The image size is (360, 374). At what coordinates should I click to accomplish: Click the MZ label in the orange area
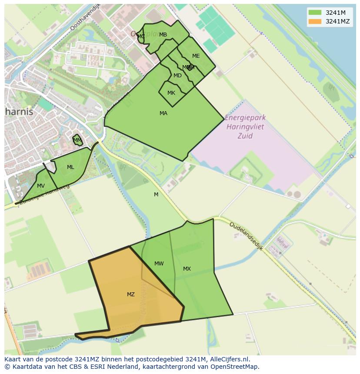coord(130,295)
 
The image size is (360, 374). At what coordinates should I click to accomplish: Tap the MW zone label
coord(159,264)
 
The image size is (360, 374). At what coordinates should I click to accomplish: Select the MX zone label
coord(187,269)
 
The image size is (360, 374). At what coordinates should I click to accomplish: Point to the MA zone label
coord(163,113)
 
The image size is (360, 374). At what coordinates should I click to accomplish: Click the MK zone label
coord(171,93)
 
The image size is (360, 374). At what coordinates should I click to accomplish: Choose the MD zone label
coord(177,76)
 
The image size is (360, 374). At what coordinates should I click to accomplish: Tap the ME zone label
coord(196,56)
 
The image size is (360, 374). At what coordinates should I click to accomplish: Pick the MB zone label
coord(163,35)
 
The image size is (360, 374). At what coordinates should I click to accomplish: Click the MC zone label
coord(141,36)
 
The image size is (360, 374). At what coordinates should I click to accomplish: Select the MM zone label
coord(77,140)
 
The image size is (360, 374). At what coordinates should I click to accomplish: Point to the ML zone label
coord(70,167)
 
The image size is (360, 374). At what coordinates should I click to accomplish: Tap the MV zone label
coord(40,186)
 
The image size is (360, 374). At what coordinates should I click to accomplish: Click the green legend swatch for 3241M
coord(314,13)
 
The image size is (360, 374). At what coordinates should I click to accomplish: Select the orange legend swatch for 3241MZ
coord(314,21)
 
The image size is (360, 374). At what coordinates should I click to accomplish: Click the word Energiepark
coord(246,118)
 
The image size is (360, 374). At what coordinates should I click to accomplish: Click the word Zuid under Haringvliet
coord(245,136)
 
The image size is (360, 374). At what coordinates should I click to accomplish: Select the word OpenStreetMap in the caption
coord(235,367)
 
